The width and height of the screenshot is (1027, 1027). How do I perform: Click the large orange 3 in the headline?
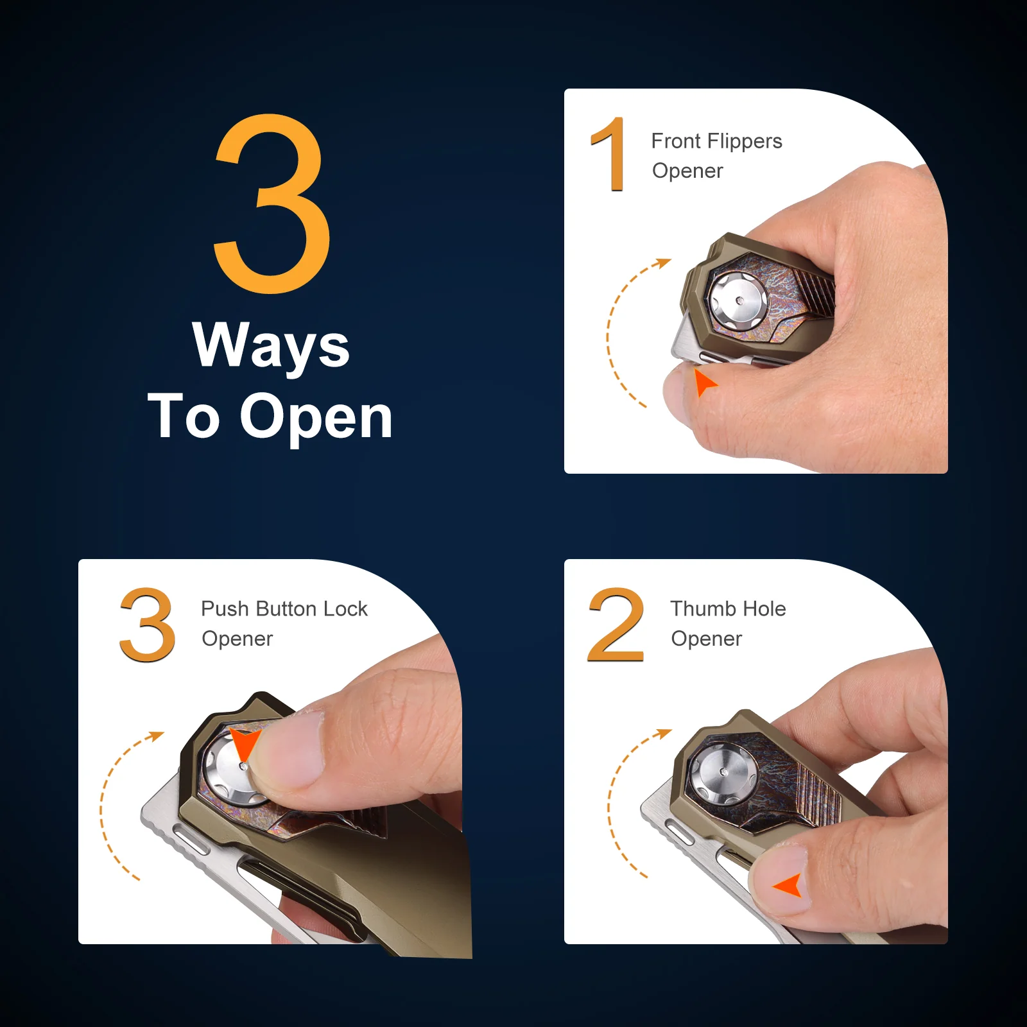click(x=273, y=203)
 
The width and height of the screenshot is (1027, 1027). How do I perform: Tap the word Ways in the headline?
click(x=271, y=346)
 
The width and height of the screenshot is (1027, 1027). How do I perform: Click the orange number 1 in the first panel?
click(x=608, y=154)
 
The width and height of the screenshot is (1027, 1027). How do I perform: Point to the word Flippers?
click(x=745, y=142)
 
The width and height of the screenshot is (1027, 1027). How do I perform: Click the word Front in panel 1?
click(x=676, y=141)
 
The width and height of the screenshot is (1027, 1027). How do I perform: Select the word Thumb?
click(x=702, y=608)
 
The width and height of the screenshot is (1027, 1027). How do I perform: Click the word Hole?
click(x=762, y=608)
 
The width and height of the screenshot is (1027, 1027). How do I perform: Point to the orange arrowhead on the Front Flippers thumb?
click(x=704, y=383)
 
